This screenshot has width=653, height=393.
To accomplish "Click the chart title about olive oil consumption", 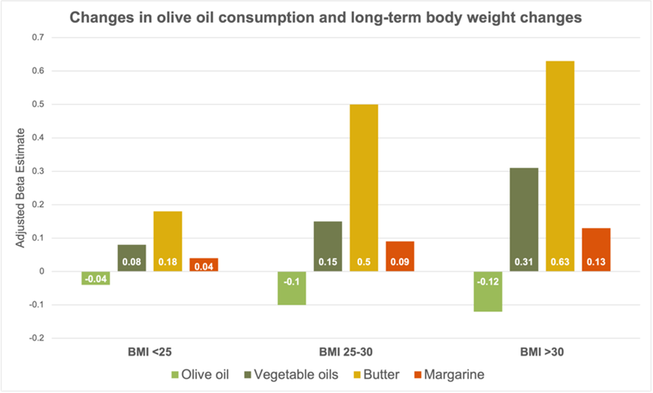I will (x=325, y=17).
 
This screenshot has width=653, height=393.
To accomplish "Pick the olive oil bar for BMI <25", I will (x=96, y=277).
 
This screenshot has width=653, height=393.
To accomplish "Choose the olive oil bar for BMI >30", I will (x=488, y=291).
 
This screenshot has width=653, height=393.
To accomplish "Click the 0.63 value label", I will (x=560, y=261).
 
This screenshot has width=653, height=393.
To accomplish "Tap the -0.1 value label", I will (x=292, y=261).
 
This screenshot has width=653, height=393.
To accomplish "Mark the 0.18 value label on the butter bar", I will (x=168, y=261).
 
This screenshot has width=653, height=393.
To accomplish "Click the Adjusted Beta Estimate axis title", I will (x=21, y=188).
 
